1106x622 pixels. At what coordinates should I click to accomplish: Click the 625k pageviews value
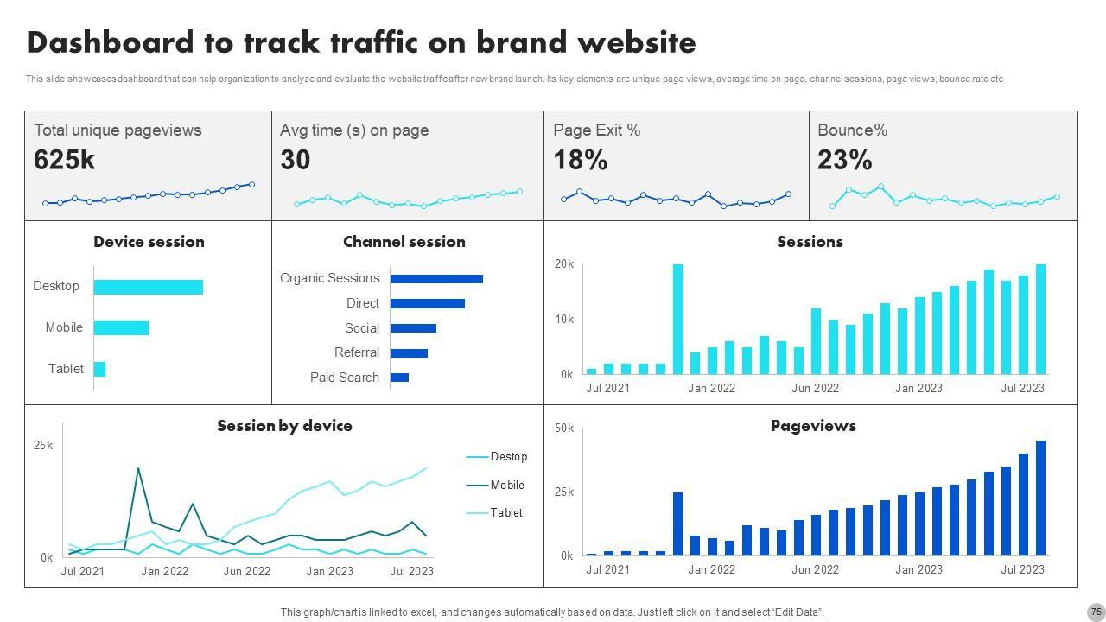pos(64,160)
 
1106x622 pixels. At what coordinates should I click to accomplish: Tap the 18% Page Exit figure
pos(581,160)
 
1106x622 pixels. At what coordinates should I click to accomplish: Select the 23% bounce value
pos(844,160)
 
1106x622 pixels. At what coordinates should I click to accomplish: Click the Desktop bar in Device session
pos(148,287)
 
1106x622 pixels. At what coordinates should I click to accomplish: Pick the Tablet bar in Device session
pos(99,369)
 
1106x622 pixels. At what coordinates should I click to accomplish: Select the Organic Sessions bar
pos(436,279)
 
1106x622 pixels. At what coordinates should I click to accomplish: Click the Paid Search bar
pos(399,378)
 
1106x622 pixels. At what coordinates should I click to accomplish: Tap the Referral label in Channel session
pos(357,352)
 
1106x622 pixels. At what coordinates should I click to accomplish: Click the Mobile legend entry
pos(506,486)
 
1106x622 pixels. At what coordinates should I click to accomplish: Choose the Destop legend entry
pos(508,457)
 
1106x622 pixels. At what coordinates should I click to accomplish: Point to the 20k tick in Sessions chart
pos(563,264)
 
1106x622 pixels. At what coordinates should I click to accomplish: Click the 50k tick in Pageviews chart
pos(563,428)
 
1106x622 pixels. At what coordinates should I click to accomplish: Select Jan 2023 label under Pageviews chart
pos(918,569)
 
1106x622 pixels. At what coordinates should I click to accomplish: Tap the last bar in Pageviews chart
pos(1040,498)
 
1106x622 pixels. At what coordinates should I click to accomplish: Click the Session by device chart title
pos(284,426)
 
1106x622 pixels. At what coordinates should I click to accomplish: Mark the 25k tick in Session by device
pos(43,446)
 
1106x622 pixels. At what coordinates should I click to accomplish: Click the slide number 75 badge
pos(1096,612)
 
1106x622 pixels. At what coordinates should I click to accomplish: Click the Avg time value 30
pos(296,160)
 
